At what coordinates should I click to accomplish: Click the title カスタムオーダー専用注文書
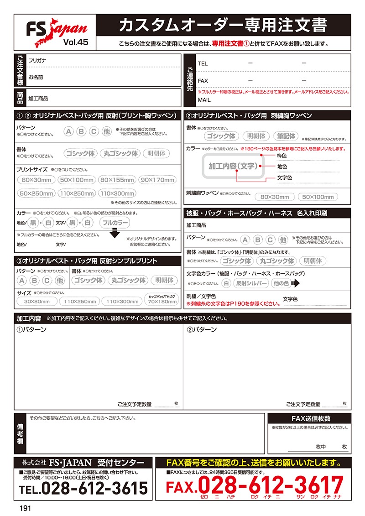[x=222, y=26]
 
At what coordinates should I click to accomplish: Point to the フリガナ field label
[x=37, y=60]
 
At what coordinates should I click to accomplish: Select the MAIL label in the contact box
[x=204, y=99]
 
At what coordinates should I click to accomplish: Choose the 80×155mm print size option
[x=117, y=180]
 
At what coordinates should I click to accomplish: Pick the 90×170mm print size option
[x=158, y=180]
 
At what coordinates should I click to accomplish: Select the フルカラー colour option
[x=115, y=223]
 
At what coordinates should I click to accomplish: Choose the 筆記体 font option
[x=286, y=136]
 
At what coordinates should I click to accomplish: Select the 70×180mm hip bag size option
[x=162, y=301]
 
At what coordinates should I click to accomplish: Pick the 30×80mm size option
[x=37, y=302]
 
